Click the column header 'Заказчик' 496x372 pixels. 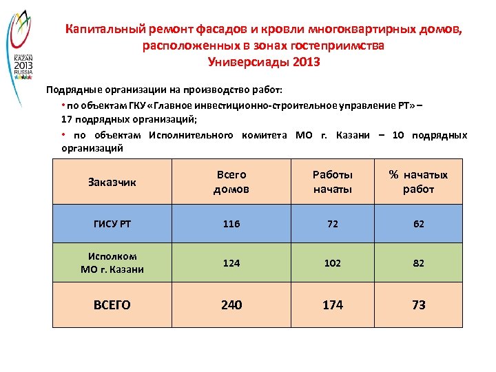pyautogui.click(x=112, y=183)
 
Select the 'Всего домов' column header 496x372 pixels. pyautogui.click(x=231, y=182)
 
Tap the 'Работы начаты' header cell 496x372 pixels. pyautogui.click(x=332, y=182)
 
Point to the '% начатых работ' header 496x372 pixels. pyautogui.click(x=418, y=182)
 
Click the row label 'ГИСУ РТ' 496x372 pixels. pyautogui.click(x=112, y=225)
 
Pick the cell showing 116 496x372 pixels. pyautogui.click(x=231, y=225)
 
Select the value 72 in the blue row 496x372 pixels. pyautogui.click(x=332, y=225)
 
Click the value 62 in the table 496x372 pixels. pyautogui.click(x=418, y=225)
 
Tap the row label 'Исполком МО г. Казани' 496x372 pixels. pyautogui.click(x=112, y=263)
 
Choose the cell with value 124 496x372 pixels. pyautogui.click(x=231, y=263)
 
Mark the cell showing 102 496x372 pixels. pyautogui.click(x=332, y=263)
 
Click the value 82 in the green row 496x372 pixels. pyautogui.click(x=418, y=263)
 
